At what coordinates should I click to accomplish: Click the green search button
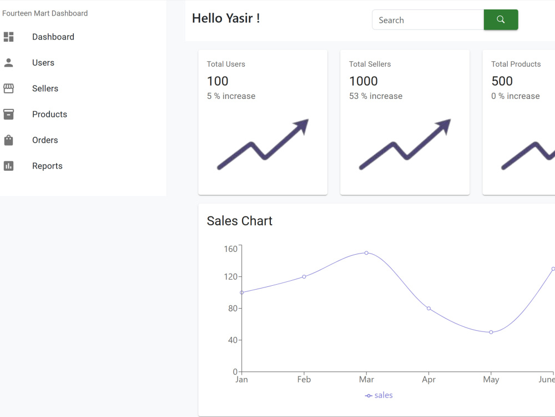501,19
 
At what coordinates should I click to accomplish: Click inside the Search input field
428,20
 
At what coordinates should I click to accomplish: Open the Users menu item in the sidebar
43,63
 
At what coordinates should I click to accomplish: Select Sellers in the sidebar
45,88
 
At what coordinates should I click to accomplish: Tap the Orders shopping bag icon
8,140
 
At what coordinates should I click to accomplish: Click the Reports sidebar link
47,166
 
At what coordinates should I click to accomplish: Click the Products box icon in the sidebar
8,114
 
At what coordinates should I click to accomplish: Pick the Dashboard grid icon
8,37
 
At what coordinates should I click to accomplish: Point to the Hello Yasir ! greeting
226,18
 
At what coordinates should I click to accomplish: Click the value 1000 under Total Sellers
364,81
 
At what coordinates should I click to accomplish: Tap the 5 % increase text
231,96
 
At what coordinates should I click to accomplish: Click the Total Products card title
516,64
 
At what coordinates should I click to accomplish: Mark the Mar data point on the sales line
366,253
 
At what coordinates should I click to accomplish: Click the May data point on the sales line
491,332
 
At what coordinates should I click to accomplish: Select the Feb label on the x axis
304,379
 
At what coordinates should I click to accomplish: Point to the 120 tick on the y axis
230,276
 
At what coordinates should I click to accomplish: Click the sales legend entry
379,395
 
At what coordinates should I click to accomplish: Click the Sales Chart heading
240,221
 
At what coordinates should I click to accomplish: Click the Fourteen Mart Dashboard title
45,13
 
